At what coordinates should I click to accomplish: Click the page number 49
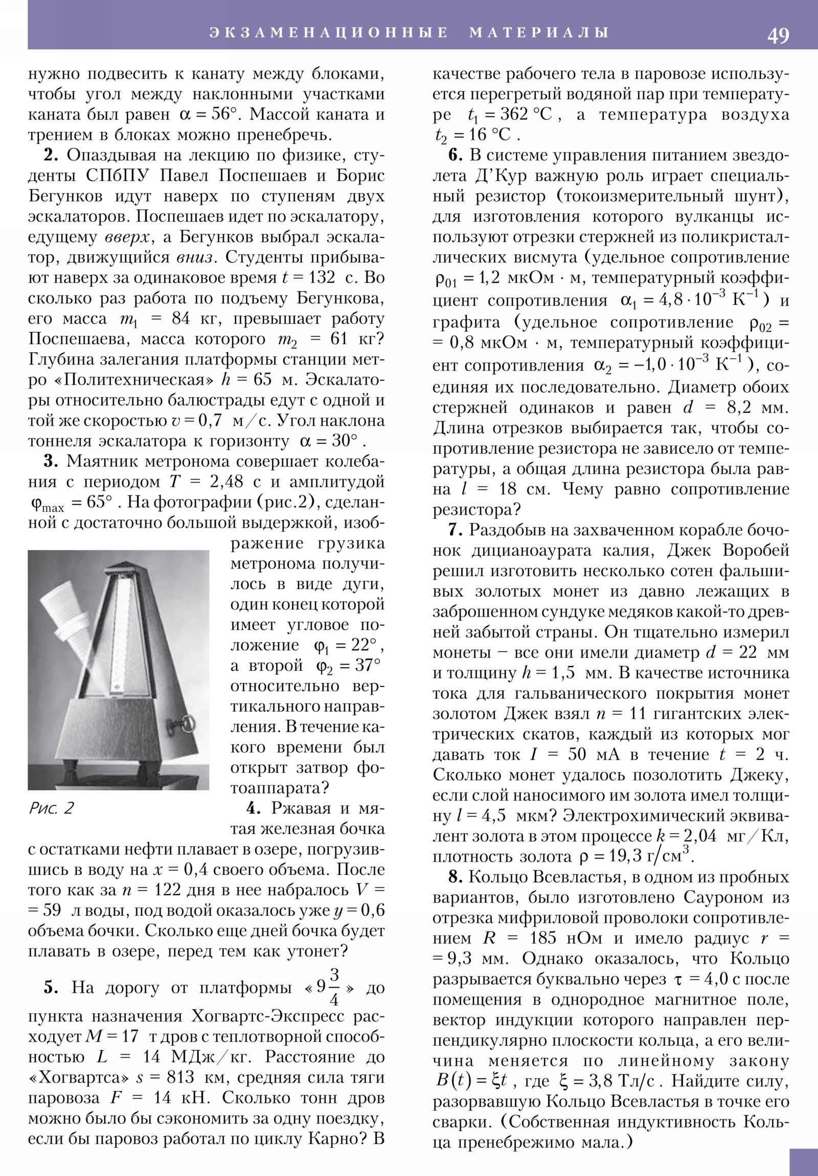click(x=778, y=35)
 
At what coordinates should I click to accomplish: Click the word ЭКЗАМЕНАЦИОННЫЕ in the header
click(x=328, y=33)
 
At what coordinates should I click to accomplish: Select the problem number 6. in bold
click(x=456, y=155)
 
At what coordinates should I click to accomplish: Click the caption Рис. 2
click(x=51, y=808)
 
